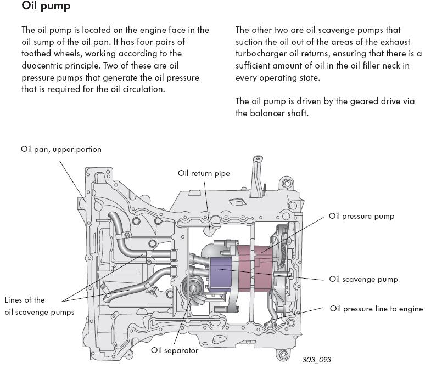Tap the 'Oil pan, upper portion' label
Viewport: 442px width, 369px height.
[x=61, y=149]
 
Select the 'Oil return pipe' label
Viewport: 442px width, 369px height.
[x=204, y=173]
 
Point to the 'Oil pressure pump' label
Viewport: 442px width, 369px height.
[x=361, y=216]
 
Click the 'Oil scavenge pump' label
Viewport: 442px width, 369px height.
[x=363, y=279]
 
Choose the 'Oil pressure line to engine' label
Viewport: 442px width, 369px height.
[x=376, y=309]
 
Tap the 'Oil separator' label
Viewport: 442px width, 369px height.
[x=175, y=350]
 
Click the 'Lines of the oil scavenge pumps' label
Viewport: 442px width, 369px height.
[x=39, y=306]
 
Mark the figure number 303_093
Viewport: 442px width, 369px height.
[x=316, y=360]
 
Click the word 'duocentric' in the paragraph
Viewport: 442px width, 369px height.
[x=42, y=66]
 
